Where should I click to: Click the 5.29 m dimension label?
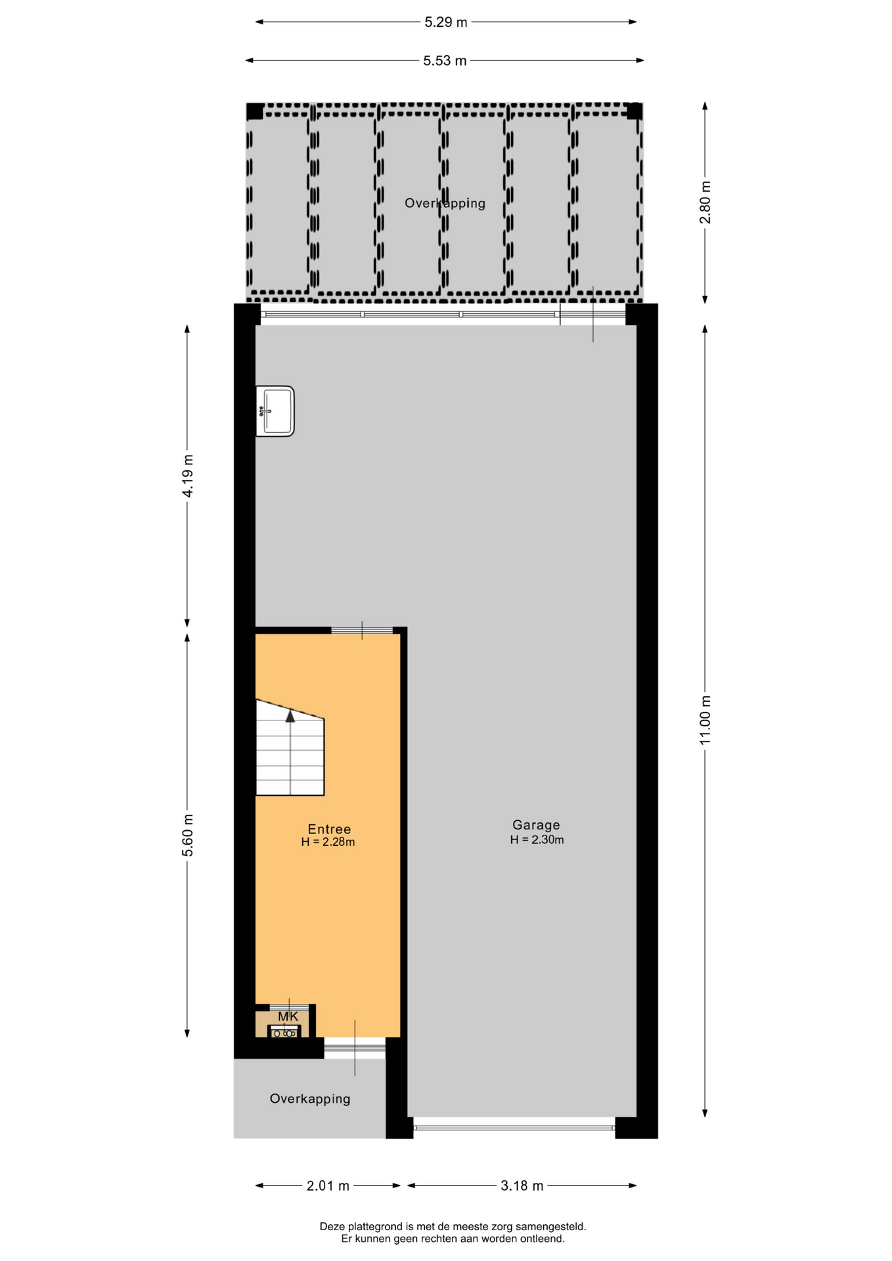pyautogui.click(x=445, y=22)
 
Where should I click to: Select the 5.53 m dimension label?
pyautogui.click(x=445, y=61)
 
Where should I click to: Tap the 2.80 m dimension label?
pyautogui.click(x=705, y=202)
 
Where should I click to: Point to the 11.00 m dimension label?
pyautogui.click(x=705, y=720)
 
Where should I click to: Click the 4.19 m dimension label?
pyautogui.click(x=188, y=476)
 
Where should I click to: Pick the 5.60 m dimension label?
pyautogui.click(x=188, y=835)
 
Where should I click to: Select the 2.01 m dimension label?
pyautogui.click(x=328, y=1186)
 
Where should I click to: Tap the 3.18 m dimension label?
pyautogui.click(x=522, y=1186)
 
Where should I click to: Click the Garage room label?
pyautogui.click(x=536, y=825)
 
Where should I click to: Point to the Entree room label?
pyautogui.click(x=329, y=830)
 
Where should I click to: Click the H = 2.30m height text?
pyautogui.click(x=537, y=840)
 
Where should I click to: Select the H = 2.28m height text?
pyautogui.click(x=328, y=843)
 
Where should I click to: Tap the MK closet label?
pyautogui.click(x=288, y=1017)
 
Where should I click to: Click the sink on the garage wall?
pyautogui.click(x=275, y=411)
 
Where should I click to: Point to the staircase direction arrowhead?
pyautogui.click(x=290, y=717)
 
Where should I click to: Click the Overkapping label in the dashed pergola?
pyautogui.click(x=445, y=204)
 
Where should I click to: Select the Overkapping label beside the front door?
pyautogui.click(x=310, y=1099)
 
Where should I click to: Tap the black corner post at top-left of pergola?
pyautogui.click(x=255, y=112)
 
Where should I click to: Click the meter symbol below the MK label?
pyautogui.click(x=284, y=1033)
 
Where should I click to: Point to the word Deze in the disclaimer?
pyautogui.click(x=332, y=1226)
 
